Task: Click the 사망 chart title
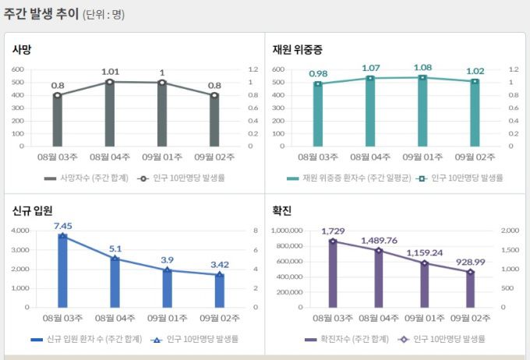click(22, 49)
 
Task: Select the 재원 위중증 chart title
click(297, 49)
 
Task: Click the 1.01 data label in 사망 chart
click(110, 72)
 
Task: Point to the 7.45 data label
click(62, 226)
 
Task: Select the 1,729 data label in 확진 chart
click(333, 231)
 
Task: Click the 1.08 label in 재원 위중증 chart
click(422, 67)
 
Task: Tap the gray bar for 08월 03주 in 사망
click(58, 121)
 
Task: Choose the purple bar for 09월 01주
click(424, 284)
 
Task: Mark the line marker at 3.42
click(219, 274)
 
